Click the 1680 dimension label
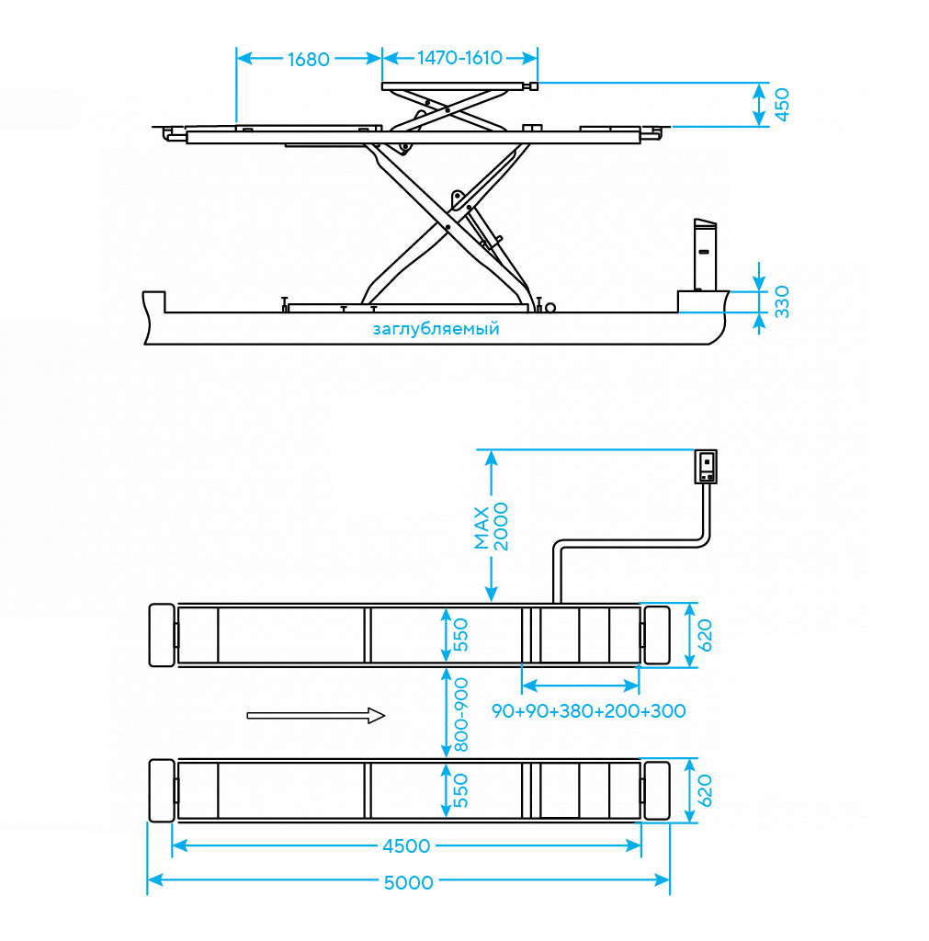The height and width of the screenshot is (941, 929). click(309, 60)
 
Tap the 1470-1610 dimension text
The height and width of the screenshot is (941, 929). click(459, 58)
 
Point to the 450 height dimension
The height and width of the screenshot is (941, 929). click(782, 105)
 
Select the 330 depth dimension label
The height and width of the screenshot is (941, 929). click(781, 301)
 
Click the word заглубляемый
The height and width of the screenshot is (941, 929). click(436, 329)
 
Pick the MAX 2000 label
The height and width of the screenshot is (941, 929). click(491, 527)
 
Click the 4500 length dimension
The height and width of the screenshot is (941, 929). click(406, 846)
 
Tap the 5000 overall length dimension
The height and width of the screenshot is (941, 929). click(408, 883)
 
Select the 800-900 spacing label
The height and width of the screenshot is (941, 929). click(461, 715)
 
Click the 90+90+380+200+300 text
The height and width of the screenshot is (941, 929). click(589, 711)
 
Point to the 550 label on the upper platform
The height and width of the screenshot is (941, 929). click(460, 635)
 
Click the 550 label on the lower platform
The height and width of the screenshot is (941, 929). click(460, 790)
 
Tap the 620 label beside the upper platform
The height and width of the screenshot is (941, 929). click(705, 635)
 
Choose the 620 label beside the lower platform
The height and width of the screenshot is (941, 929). click(705, 790)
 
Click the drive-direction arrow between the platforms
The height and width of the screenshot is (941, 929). click(316, 715)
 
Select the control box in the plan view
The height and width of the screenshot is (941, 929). click(706, 466)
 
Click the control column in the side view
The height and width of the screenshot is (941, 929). click(705, 255)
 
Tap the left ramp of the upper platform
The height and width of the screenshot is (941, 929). click(162, 635)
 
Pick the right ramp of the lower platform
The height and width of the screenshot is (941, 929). click(657, 790)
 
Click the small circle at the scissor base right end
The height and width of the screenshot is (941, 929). click(550, 308)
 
